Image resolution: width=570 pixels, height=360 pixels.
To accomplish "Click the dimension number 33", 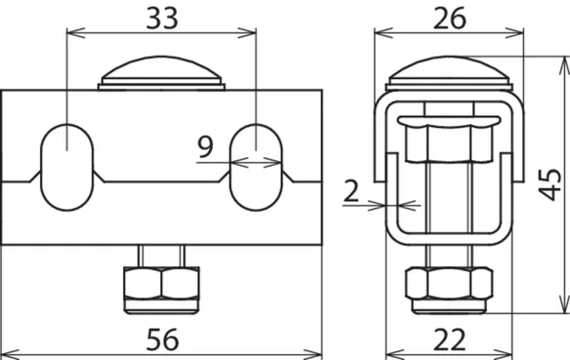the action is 162,19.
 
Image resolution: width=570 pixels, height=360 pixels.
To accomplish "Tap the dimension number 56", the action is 162,340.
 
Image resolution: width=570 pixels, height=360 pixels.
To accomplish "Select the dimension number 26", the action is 450,19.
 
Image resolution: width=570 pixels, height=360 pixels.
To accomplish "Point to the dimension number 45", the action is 550,184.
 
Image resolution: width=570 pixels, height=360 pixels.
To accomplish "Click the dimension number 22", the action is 449,340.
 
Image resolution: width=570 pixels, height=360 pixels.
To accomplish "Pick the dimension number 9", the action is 205,146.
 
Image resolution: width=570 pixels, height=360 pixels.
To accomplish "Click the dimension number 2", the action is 351,191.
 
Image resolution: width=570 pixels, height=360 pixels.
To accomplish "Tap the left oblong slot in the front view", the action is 67,167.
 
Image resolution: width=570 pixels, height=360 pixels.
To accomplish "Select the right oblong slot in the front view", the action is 256,167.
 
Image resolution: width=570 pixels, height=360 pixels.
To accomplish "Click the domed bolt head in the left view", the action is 161,72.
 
